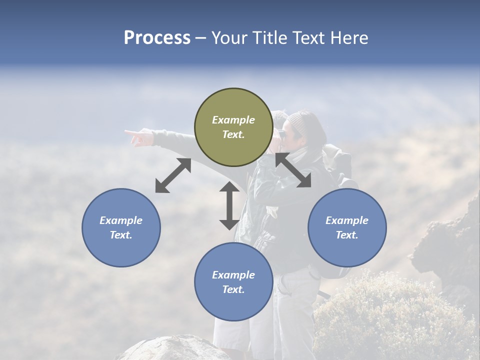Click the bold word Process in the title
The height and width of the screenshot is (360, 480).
coord(157,38)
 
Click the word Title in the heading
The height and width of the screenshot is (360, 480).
coord(270,38)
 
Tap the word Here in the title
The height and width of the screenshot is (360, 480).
coord(348,38)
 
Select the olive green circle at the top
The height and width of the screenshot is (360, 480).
coord(233,127)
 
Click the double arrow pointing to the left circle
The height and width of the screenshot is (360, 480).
coord(173,175)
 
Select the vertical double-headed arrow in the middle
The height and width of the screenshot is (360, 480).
coord(229,205)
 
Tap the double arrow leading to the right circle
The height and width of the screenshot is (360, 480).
coord(293,170)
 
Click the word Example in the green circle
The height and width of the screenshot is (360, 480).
coord(233,120)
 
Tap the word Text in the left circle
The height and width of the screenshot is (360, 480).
coord(121,235)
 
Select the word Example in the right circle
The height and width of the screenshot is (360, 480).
coord(347,220)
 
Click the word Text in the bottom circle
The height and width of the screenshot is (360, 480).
coord(233,289)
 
